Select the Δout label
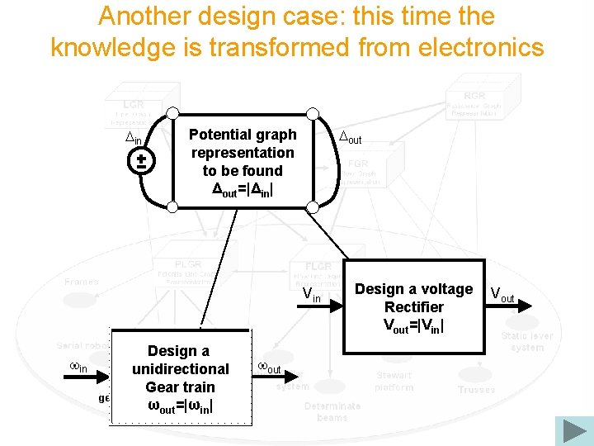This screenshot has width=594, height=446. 351,138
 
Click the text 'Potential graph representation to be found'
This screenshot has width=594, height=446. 243,152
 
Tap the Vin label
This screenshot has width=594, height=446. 311,295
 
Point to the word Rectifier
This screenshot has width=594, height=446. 413,307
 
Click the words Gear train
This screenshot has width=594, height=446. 180,387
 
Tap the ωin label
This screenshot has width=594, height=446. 77,367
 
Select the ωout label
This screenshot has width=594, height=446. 270,367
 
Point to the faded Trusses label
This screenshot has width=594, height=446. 477,389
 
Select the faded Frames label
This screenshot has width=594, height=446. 82,282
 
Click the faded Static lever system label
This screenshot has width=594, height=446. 527,342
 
